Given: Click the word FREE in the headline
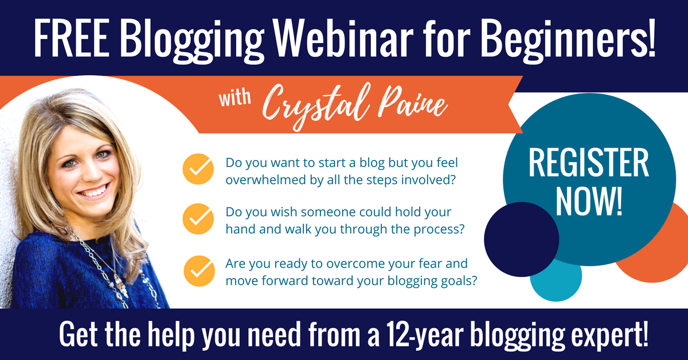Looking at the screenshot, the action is (71, 38).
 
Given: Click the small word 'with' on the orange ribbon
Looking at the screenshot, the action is (234, 98).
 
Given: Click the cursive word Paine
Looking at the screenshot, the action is (412, 103).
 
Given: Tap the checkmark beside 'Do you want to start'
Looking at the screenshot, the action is (198, 169).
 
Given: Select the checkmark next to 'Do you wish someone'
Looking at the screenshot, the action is (198, 219).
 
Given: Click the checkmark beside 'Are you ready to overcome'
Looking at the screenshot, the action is (199, 271).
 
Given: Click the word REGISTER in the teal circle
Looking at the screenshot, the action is (588, 163).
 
